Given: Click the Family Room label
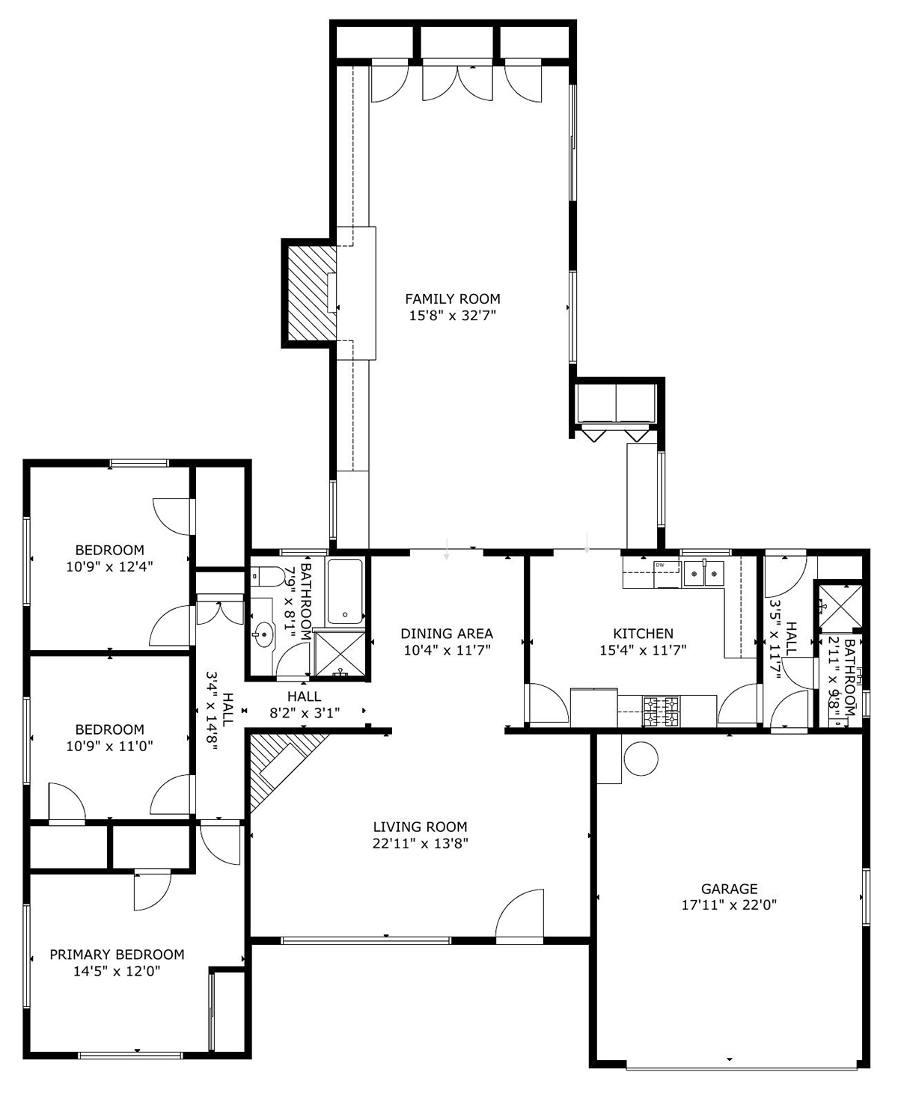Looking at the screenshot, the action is [x=453, y=299].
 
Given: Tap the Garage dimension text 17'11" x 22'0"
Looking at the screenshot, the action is [x=729, y=905].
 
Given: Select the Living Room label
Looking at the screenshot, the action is [x=420, y=827].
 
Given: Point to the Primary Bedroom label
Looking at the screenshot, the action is [x=117, y=955].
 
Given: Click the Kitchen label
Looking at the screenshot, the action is [x=644, y=634].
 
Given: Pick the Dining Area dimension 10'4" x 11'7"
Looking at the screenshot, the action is [x=448, y=650].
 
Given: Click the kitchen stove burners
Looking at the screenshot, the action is [x=662, y=711].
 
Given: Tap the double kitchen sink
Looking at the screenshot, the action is [x=703, y=573].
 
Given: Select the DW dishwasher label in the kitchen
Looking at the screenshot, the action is [x=660, y=565].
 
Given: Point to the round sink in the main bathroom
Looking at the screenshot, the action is [x=263, y=635].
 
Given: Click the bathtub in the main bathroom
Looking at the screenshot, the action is [x=345, y=592].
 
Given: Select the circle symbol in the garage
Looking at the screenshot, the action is [x=641, y=759].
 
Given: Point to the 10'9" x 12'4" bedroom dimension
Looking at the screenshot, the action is [x=110, y=566].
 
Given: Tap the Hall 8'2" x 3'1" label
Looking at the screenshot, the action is [x=305, y=704].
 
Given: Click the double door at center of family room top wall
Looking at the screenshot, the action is [x=457, y=81].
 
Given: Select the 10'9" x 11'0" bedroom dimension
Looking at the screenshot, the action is [x=110, y=747].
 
